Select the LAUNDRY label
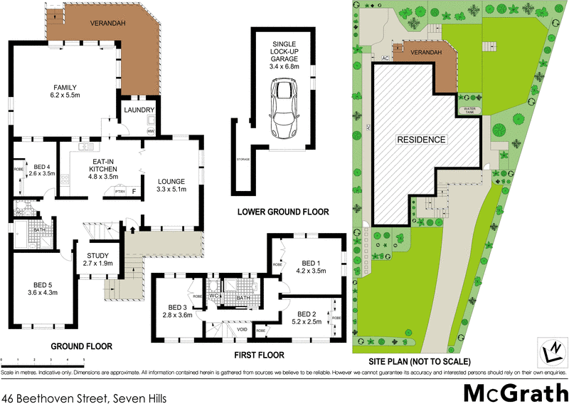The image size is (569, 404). point(137,110)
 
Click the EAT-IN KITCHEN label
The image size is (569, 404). point(102,171)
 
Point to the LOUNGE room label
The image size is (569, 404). point(171,185)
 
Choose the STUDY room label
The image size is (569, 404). point(97,260)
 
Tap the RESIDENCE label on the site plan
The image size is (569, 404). point(421,140)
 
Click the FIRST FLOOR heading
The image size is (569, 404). point(260,354)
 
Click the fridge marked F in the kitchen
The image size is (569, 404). point(132,192)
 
